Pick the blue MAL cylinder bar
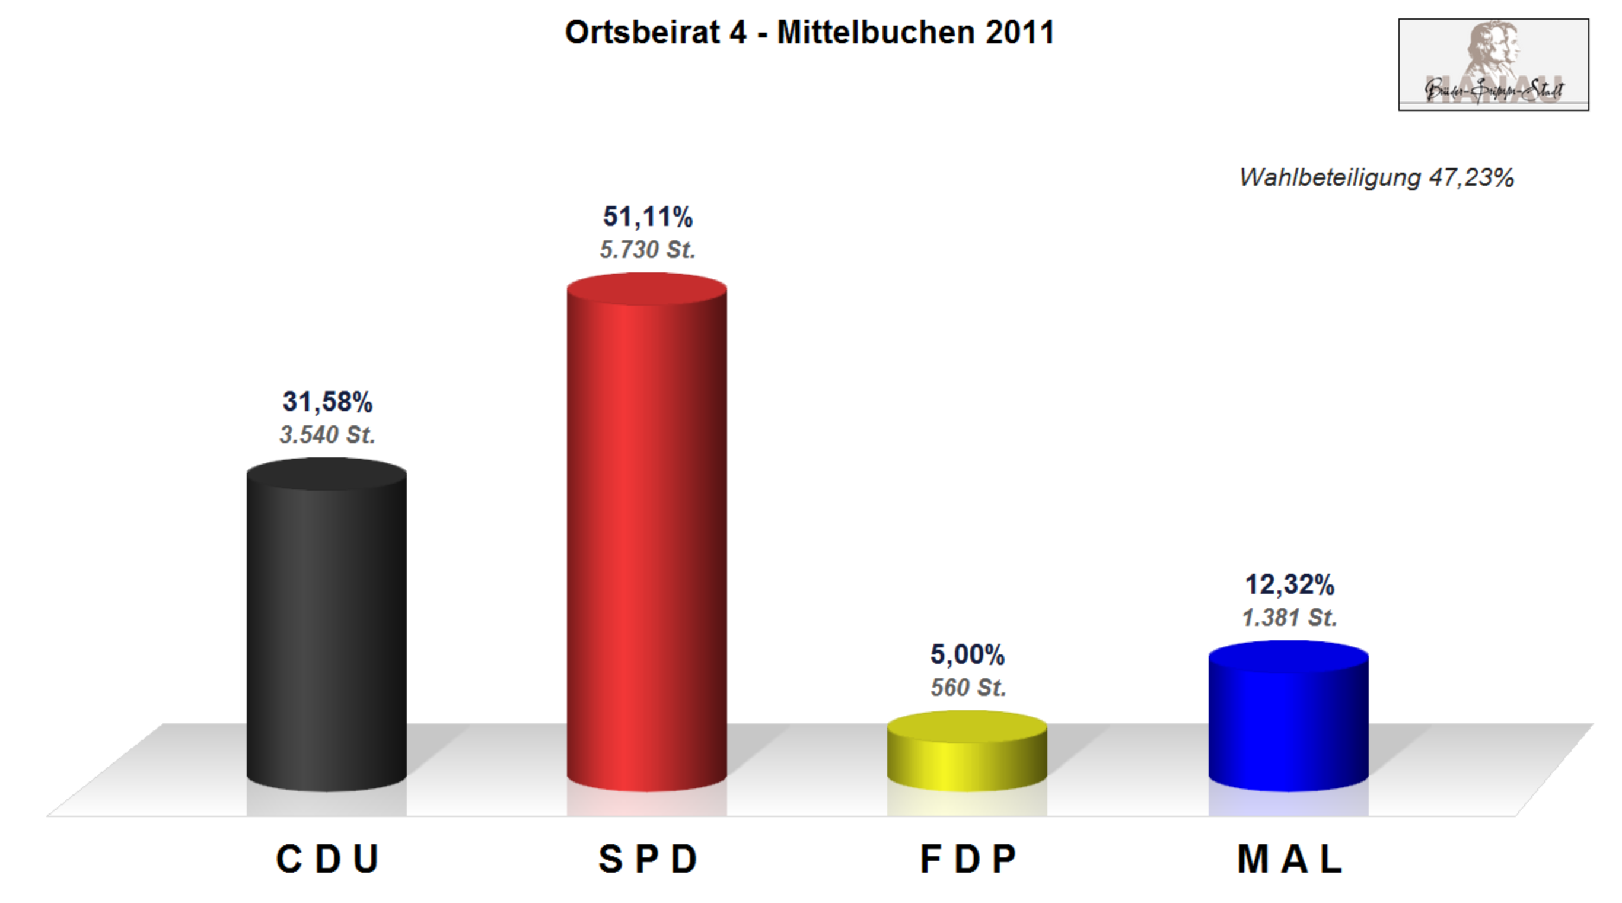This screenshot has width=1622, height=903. tap(1288, 718)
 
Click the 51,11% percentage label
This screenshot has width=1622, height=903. tap(647, 217)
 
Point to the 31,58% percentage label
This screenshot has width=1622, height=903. tap(327, 402)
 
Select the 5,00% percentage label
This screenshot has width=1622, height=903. tap(967, 655)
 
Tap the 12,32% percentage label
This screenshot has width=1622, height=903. tap(1289, 585)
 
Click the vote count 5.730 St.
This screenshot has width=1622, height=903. tap(647, 250)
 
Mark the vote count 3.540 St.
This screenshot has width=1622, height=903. tap(327, 435)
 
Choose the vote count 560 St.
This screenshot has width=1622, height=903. tap(968, 688)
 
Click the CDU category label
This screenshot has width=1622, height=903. tap(327, 859)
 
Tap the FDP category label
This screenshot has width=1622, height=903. tap(968, 859)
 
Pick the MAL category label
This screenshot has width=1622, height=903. tap(1289, 859)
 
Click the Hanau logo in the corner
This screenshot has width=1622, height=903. tap(1493, 65)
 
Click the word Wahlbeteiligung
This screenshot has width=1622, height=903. tap(1329, 178)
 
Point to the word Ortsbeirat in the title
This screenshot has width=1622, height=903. tap(642, 33)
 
